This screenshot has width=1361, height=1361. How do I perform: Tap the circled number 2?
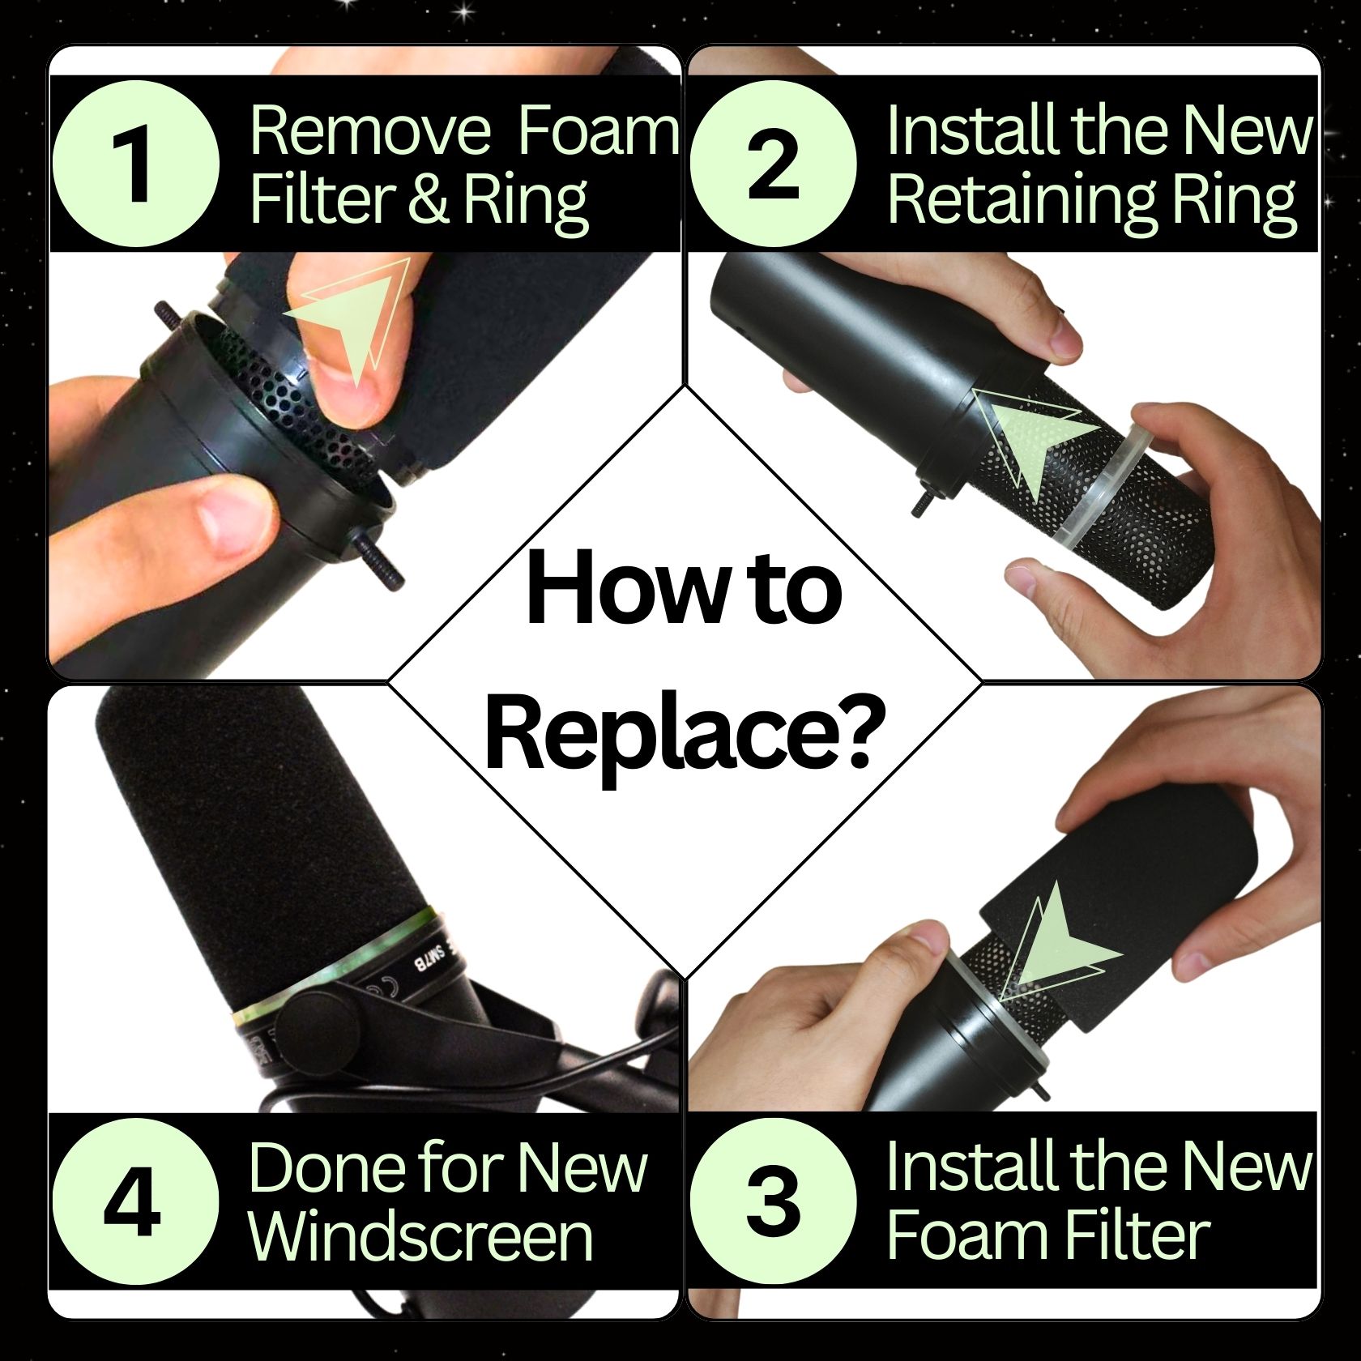[773, 164]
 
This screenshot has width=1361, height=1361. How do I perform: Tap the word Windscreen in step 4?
[421, 1236]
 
